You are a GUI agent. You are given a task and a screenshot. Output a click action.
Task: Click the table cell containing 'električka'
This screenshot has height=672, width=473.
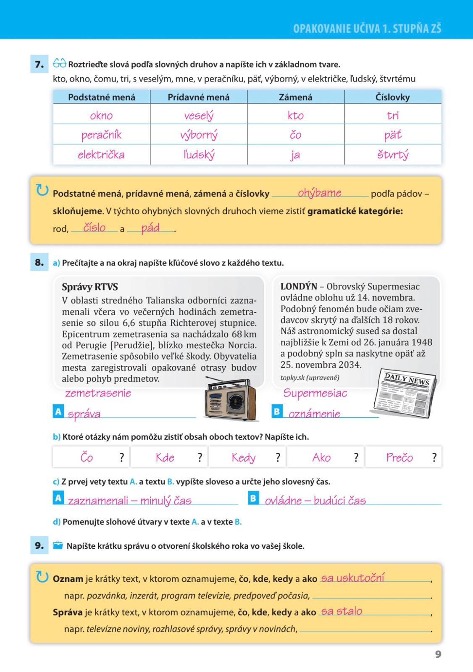click(101, 155)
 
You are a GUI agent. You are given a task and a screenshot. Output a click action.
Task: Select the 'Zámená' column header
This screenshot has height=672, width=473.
click(295, 97)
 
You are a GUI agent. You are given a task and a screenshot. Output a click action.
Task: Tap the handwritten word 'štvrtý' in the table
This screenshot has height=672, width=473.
click(393, 155)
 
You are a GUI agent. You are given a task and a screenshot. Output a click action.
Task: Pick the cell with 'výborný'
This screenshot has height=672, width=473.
click(199, 135)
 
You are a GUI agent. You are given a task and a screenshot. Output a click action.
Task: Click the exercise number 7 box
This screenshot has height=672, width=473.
click(39, 64)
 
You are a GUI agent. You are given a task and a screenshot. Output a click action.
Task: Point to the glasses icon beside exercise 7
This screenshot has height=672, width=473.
click(60, 64)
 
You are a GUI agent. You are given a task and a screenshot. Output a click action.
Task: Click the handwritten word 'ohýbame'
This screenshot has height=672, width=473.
click(319, 193)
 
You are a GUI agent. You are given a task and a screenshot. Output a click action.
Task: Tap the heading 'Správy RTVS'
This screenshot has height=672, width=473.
click(90, 287)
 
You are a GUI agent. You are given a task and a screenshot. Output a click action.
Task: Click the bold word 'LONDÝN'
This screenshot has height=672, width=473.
click(299, 286)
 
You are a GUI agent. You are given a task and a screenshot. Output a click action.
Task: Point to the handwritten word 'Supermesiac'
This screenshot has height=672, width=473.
click(315, 393)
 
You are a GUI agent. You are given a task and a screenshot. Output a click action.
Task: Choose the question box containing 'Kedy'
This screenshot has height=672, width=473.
click(247, 457)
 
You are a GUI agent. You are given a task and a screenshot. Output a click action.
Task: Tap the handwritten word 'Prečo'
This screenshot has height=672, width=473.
click(399, 457)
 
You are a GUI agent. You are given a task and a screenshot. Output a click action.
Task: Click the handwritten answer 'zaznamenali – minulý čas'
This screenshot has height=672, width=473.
click(130, 500)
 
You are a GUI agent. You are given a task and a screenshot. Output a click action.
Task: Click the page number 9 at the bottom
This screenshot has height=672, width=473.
click(438, 654)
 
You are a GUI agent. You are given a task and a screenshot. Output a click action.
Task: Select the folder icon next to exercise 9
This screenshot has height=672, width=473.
click(58, 546)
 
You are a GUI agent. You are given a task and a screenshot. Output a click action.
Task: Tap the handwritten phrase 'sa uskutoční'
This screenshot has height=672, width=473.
click(352, 578)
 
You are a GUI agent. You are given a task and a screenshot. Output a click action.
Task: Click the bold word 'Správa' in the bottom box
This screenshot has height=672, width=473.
click(68, 612)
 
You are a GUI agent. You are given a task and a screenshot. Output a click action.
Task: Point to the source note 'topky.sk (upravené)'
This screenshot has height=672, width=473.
click(310, 377)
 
